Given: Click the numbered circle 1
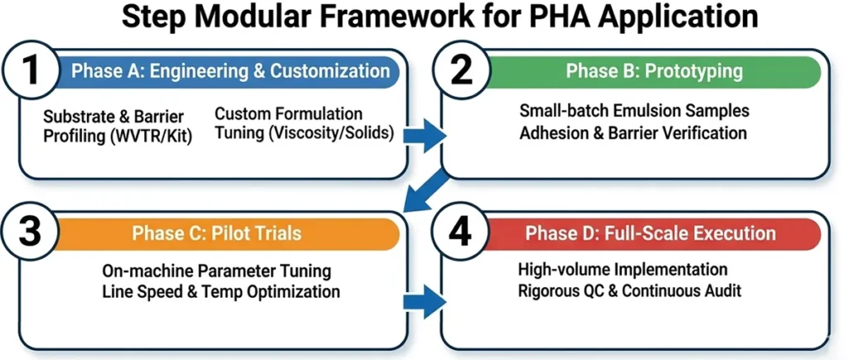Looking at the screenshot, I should click(32, 71).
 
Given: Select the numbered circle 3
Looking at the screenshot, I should click(32, 234).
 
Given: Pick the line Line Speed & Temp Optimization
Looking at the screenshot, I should click(221, 292).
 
